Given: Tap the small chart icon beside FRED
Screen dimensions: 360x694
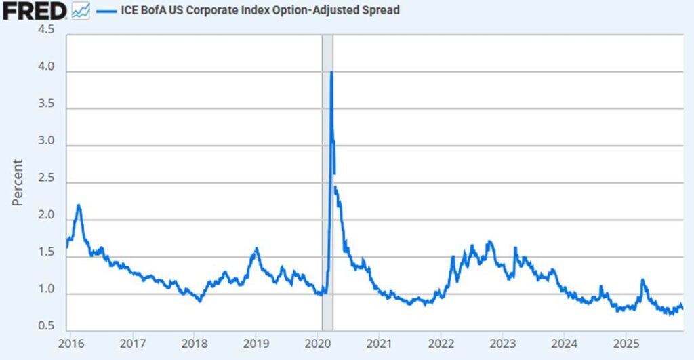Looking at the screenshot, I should pyautogui.click(x=81, y=11).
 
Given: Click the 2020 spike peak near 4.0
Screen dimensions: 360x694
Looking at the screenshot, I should pyautogui.click(x=331, y=72).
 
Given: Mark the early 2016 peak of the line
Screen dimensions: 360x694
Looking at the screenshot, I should pyautogui.click(x=79, y=205).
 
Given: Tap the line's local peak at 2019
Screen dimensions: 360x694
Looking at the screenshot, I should pyautogui.click(x=256, y=249).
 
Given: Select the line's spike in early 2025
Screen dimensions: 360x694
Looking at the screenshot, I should pyautogui.click(x=642, y=279).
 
